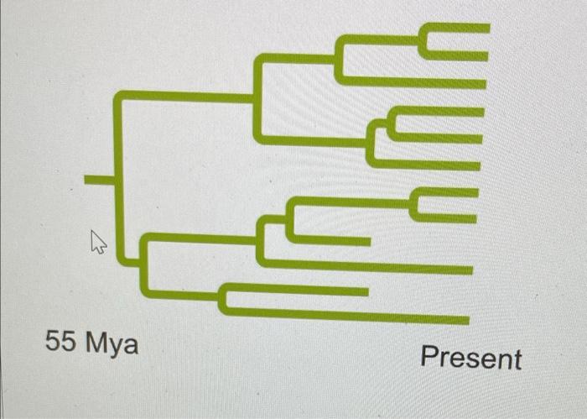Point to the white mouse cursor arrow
click(x=98, y=244)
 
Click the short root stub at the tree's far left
click(x=99, y=179)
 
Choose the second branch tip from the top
click(x=483, y=55)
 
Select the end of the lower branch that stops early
click(x=365, y=291)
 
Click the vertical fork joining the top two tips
click(x=423, y=42)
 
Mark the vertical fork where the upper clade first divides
click(x=258, y=97)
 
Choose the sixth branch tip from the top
click(x=477, y=165)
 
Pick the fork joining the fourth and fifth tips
click(x=391, y=124)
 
